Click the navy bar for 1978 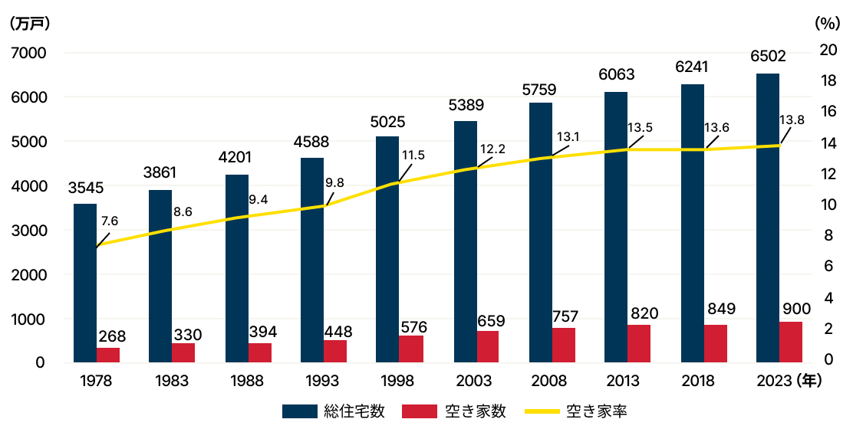coord(85,283)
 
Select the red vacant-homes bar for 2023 coord(791,342)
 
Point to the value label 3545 coord(85,188)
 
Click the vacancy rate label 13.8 coord(792,120)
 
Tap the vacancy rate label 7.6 coord(110,221)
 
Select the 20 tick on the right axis coord(828,50)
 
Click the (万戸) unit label coord(30,23)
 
